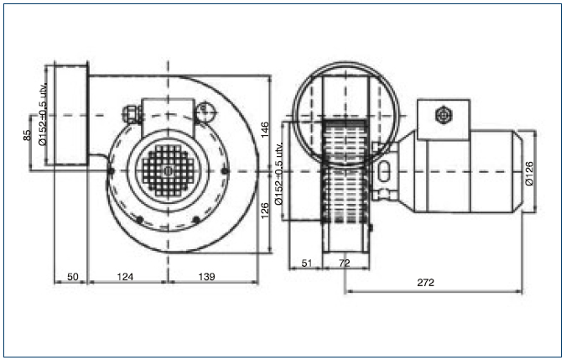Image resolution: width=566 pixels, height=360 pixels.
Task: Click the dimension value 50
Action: [x=73, y=277]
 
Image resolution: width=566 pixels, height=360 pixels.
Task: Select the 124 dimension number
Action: [x=125, y=277]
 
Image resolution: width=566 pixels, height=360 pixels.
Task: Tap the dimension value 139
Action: [x=206, y=277]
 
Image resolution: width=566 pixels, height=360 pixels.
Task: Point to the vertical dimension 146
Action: [x=265, y=129]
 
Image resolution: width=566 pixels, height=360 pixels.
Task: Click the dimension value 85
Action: [x=27, y=135]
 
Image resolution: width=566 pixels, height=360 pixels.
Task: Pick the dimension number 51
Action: [x=306, y=263]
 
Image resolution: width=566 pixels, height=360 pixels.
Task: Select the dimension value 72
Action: [x=345, y=263]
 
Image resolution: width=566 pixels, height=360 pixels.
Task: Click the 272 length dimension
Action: [x=426, y=282]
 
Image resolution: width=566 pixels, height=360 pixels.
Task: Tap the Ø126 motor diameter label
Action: [x=529, y=174]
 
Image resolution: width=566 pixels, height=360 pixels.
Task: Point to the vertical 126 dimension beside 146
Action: [x=265, y=211]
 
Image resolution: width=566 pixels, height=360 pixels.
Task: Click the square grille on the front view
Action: [x=169, y=171]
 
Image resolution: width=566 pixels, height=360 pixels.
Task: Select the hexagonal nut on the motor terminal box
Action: [x=444, y=116]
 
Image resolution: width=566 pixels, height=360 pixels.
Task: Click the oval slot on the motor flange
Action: [x=385, y=171]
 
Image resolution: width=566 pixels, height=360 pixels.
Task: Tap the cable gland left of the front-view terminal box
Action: [x=132, y=114]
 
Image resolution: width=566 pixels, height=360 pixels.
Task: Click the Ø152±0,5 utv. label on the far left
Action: [x=43, y=114]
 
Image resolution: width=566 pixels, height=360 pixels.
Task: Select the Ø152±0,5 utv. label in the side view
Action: [x=278, y=174]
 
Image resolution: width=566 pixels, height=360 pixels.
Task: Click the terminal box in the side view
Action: [x=444, y=119]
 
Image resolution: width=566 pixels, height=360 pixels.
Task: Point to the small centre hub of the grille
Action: [x=169, y=171]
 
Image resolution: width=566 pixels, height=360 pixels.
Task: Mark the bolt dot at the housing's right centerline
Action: [x=226, y=171]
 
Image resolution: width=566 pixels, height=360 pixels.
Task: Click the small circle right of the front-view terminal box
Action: [x=206, y=110]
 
